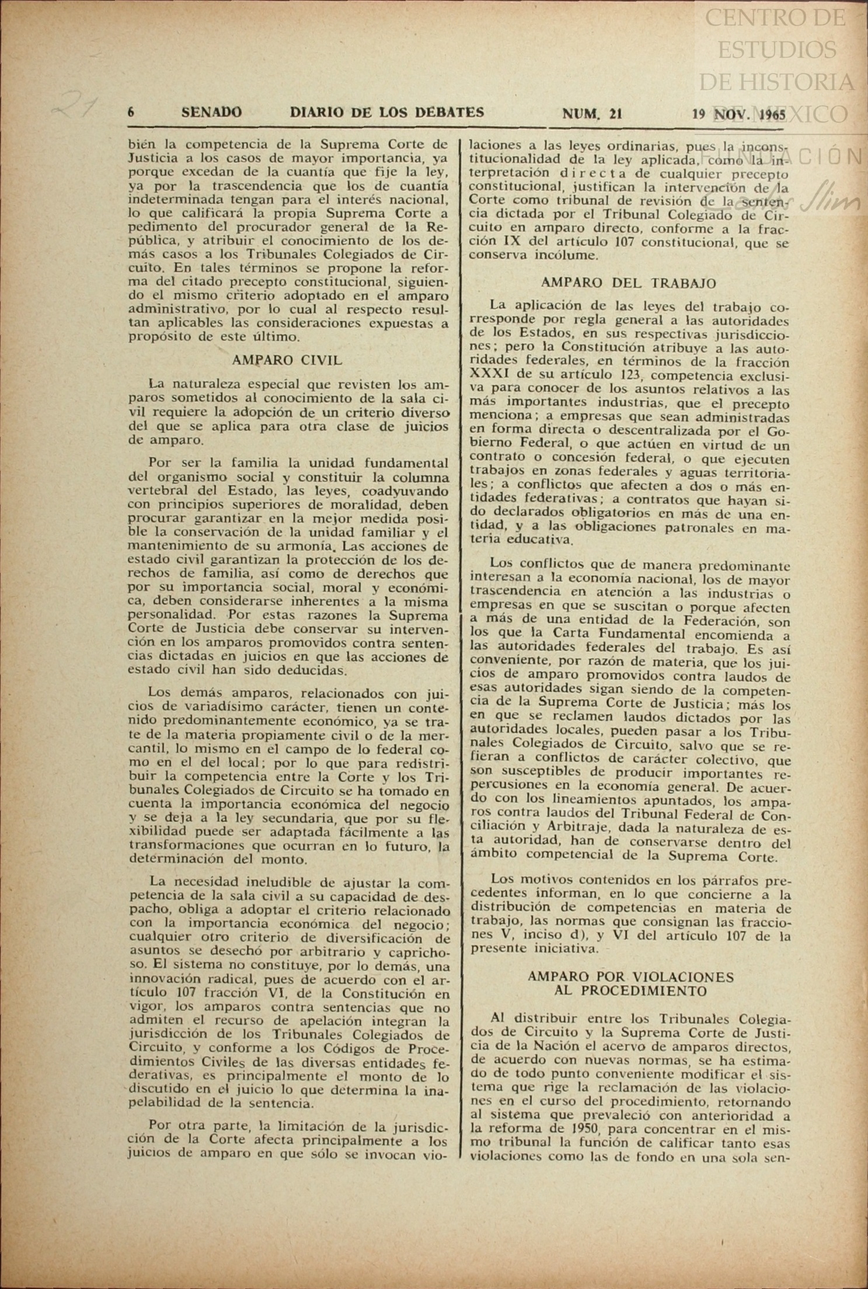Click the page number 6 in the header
132,112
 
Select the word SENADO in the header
211,112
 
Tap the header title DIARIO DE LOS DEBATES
386,112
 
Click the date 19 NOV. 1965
739,114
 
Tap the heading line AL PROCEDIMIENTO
630,991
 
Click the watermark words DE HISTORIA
776,81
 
